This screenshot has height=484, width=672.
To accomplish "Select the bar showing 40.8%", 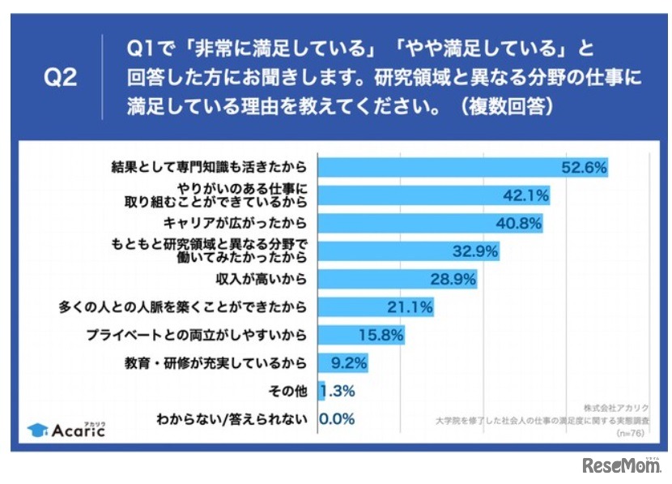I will point(429,223).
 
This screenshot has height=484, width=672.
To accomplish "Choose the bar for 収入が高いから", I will point(397,280).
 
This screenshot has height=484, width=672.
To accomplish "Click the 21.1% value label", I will point(410,307).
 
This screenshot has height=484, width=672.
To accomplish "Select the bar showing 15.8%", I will point(360,335).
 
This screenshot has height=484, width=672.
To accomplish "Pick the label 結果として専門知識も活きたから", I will point(209,167).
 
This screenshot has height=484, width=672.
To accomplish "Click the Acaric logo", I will point(66,428).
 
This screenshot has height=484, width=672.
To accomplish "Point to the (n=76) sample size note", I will point(632,434).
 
